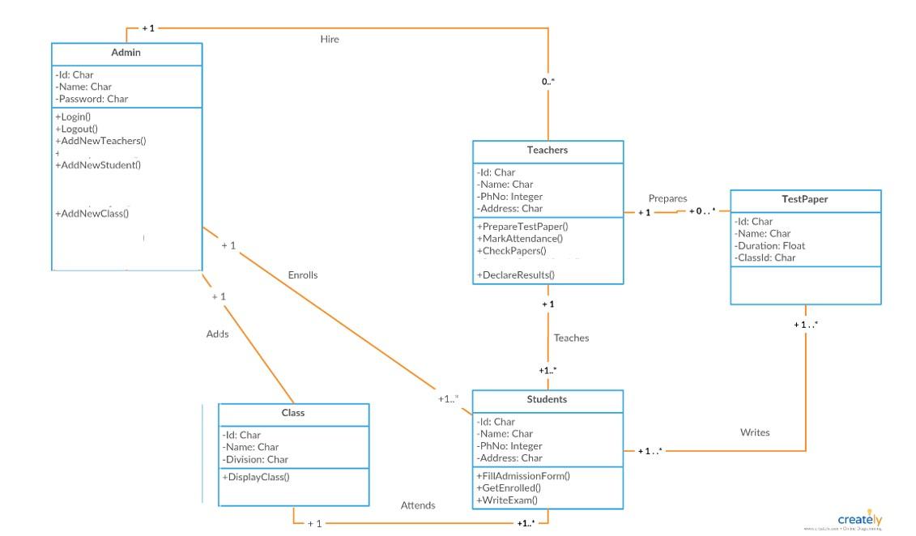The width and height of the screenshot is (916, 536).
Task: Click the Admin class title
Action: pos(126,53)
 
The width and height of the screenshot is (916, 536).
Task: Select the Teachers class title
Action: pos(547,150)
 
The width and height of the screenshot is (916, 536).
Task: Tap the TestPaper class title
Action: pos(804,199)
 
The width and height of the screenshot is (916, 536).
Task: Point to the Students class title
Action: pos(547,399)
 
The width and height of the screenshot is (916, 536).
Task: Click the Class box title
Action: pos(293,413)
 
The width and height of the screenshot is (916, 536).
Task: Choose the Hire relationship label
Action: pos(330,39)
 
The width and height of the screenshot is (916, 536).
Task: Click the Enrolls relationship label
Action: pos(303,275)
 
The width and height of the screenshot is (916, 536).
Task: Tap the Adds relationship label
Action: pos(217,334)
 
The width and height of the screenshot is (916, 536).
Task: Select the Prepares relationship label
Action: pos(667,198)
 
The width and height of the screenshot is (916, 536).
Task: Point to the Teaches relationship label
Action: pos(571,338)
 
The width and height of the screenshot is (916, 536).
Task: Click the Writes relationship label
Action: pos(755,432)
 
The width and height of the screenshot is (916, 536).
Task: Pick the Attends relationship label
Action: pos(418,505)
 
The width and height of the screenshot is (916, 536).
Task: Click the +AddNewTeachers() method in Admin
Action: pos(100,141)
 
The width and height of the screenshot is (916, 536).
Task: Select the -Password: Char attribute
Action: pos(92,99)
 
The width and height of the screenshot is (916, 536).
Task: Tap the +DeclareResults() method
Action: pos(516,275)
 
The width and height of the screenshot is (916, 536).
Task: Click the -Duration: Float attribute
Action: pos(769,245)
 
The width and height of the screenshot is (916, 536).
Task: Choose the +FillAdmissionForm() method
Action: pos(523,476)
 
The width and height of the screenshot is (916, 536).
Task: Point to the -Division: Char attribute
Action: pos(255,459)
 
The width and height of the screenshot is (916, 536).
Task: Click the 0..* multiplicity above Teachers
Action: pos(548,82)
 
